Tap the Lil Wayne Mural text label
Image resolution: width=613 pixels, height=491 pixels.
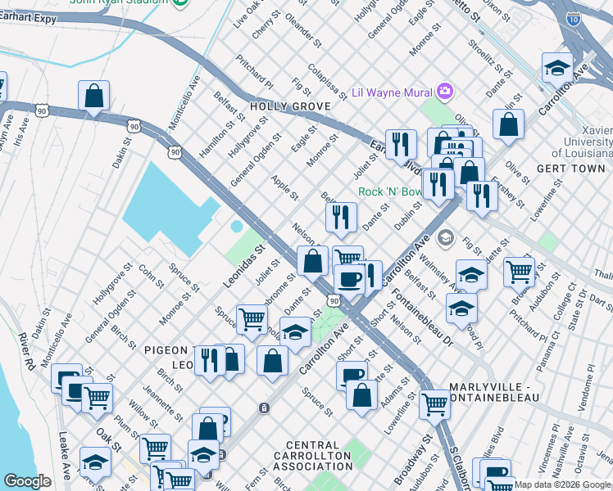point(392,92)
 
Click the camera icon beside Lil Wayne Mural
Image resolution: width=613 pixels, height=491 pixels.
point(445,91)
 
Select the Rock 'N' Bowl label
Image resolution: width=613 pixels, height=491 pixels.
point(390,192)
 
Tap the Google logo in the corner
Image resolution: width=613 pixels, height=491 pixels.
point(27,481)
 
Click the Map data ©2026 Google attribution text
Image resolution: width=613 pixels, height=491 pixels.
point(562,484)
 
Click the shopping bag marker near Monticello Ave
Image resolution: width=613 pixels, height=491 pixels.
point(94,96)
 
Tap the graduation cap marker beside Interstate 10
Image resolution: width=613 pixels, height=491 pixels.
point(557,68)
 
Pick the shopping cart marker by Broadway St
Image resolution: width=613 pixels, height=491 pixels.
point(434,403)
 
